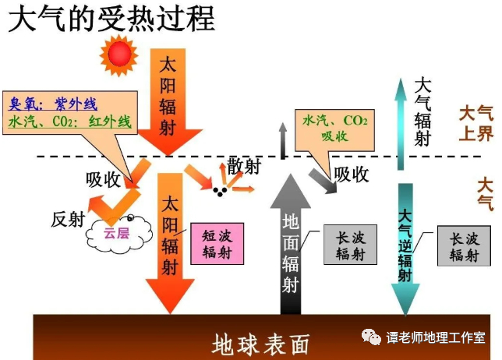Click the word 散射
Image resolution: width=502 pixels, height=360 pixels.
242,165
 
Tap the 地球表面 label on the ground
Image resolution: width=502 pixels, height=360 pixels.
261,344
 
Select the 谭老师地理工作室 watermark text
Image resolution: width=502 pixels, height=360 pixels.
436,337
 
